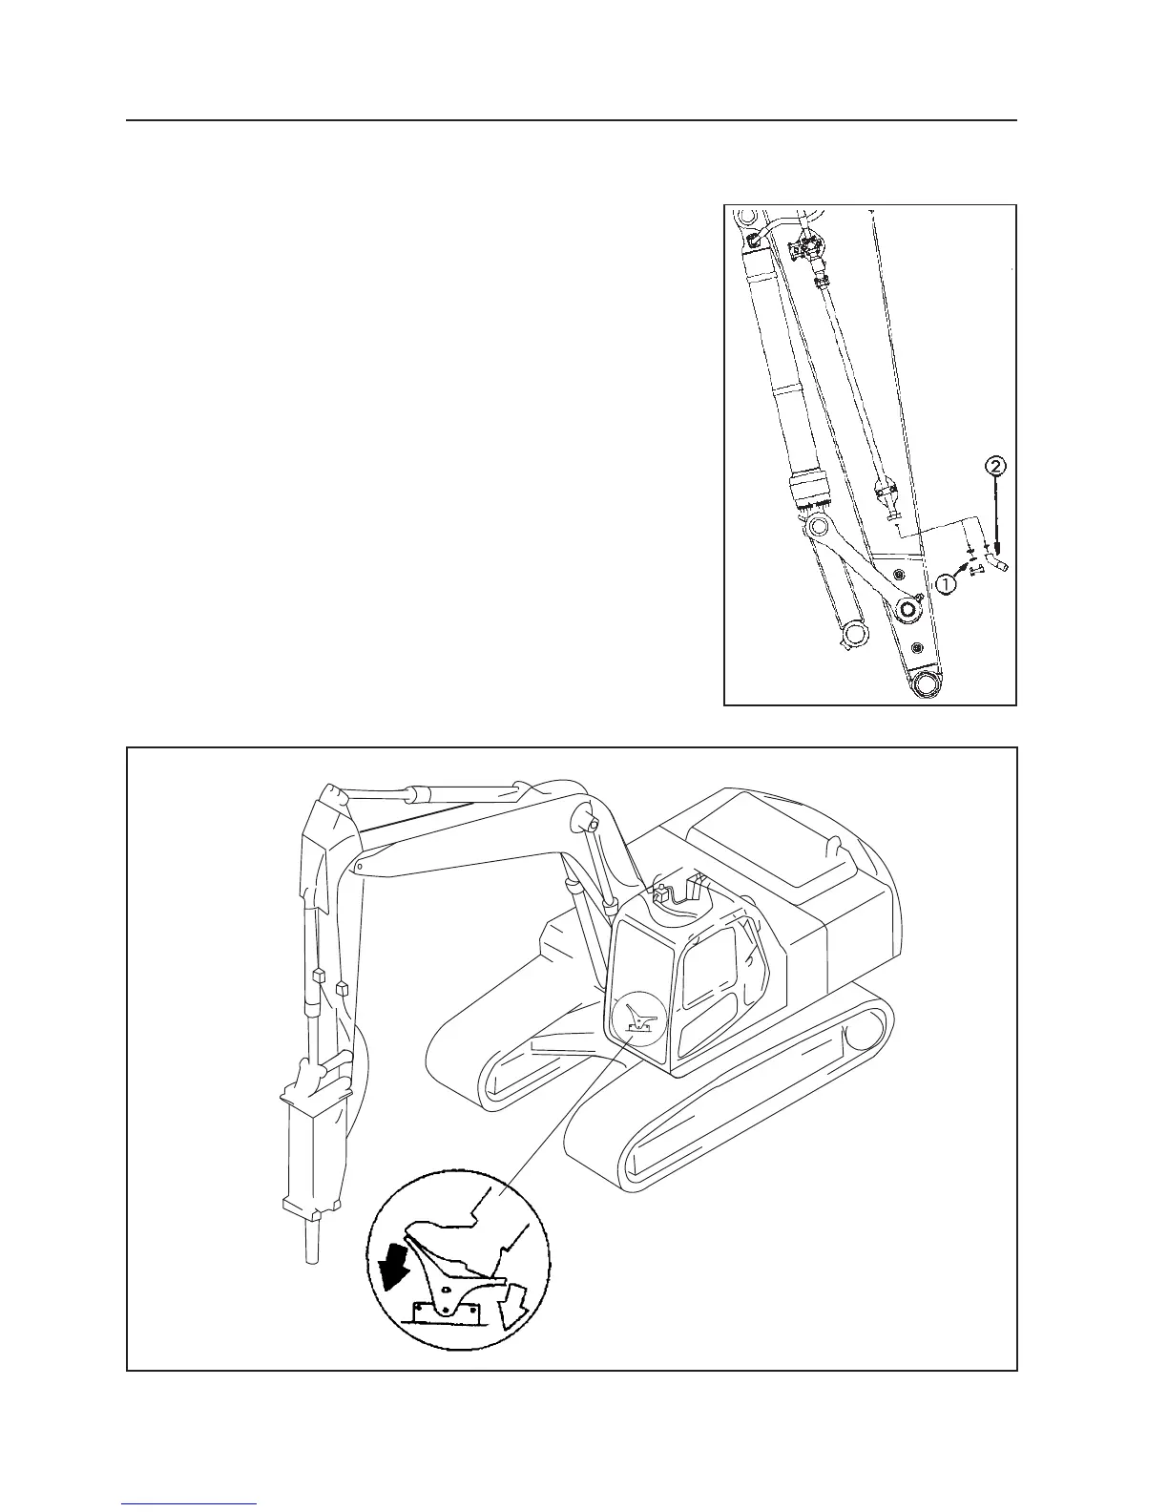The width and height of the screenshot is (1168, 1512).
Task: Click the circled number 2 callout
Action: [994, 467]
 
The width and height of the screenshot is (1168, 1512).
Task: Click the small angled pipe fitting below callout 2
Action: [997, 567]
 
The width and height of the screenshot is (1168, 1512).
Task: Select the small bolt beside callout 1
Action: [975, 571]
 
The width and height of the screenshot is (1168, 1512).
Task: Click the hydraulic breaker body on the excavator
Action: [311, 1145]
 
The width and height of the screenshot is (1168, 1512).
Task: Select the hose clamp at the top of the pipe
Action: [807, 250]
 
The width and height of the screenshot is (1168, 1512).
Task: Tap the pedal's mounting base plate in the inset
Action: [445, 1314]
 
